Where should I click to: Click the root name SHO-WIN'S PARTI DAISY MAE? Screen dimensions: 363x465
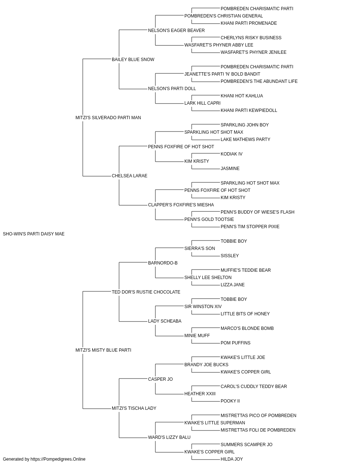(x=33, y=234)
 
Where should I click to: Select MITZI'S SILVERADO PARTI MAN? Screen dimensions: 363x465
(x=108, y=117)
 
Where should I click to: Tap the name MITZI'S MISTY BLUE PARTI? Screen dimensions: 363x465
(x=103, y=350)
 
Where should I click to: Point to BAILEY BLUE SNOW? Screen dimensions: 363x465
(x=133, y=60)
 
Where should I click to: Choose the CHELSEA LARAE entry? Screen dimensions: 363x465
(x=130, y=176)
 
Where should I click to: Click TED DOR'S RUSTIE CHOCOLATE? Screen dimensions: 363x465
(x=146, y=292)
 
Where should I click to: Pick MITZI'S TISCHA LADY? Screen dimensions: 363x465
(x=134, y=408)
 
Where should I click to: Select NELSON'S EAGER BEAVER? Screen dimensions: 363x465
(x=176, y=31)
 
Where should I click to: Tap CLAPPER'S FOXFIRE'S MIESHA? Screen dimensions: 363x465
(x=181, y=205)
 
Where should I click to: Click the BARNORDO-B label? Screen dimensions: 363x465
(x=163, y=263)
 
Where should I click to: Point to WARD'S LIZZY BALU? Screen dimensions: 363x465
(x=169, y=437)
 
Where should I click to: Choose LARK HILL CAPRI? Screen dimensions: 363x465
(x=203, y=103)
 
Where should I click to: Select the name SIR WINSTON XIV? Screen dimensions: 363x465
(x=203, y=307)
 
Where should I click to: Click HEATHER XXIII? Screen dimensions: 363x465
(x=200, y=393)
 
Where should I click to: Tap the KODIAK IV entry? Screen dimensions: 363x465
(x=232, y=154)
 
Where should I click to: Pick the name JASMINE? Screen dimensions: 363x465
(x=230, y=169)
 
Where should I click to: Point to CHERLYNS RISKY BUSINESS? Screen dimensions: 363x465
(x=251, y=38)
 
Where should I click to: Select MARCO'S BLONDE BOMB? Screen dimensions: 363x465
(x=247, y=328)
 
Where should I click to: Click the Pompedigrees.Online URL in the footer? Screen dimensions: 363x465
(x=58, y=459)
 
